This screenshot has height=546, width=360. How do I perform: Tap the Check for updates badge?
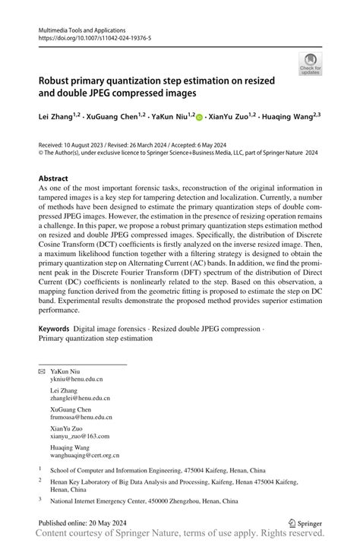[310, 64]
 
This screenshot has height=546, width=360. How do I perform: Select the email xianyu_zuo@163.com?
[80, 437]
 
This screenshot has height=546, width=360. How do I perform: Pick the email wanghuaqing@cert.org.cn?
[86, 456]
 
